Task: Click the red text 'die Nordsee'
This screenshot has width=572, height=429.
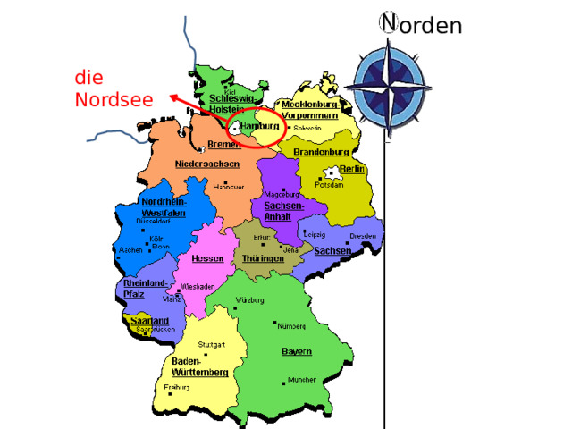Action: pos(113,88)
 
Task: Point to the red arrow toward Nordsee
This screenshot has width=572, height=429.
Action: pos(192,105)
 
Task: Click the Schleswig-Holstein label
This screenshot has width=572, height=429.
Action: pos(232,102)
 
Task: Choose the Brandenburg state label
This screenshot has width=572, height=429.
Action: pos(321,151)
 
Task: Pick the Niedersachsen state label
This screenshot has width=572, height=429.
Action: pos(207,164)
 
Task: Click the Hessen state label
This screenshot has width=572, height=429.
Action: pos(207,258)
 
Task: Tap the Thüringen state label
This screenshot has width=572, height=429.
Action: pos(264,258)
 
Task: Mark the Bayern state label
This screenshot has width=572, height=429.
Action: pos(297,351)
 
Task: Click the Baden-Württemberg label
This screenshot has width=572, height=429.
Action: pos(199,366)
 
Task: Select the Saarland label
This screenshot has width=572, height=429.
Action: pos(149,320)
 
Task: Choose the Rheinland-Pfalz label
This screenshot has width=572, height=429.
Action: pos(145,288)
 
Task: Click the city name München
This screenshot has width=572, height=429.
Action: pos(302,380)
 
